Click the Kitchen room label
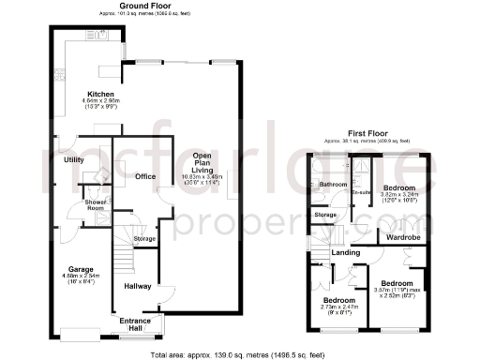click(100, 95)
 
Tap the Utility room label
click(74, 160)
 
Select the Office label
click(144, 175)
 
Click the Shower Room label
click(96, 204)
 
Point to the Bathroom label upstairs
click(332, 185)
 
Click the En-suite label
click(362, 192)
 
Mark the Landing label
click(345, 252)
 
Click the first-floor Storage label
click(325, 216)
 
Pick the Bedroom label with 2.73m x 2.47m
click(336, 301)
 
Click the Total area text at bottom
click(240, 354)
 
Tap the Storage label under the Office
click(144, 239)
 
